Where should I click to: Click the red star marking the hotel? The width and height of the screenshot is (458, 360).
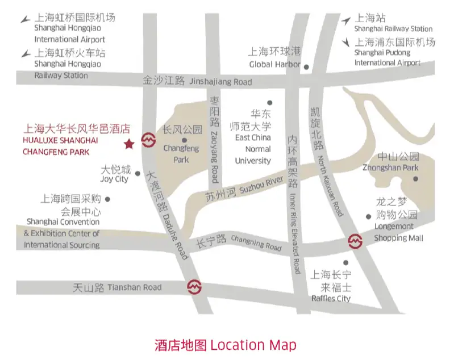pos(129,144)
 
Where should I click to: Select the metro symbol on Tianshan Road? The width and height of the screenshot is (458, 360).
pos(194,287)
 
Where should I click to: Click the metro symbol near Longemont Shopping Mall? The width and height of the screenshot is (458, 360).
pos(355,241)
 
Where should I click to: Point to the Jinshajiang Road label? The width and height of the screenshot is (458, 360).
pos(197,82)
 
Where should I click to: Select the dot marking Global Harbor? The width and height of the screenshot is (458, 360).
pos(306,66)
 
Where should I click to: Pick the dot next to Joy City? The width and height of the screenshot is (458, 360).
pos(138,174)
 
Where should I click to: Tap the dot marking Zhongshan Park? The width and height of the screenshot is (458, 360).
pos(415,179)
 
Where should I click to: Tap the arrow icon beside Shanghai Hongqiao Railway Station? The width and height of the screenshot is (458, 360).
pos(26,53)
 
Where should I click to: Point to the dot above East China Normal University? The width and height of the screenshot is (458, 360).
pos(269,103)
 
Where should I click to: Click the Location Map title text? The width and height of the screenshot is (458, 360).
pos(225,345)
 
